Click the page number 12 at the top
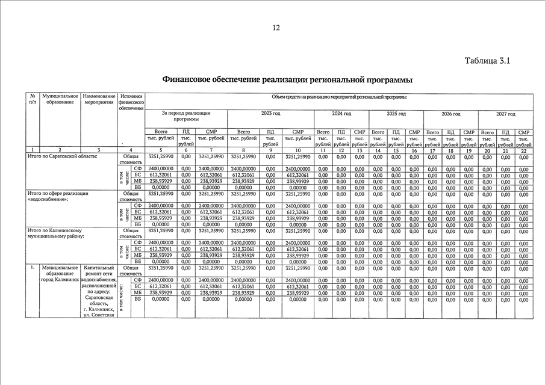(x=276, y=28)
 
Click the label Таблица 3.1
(x=487, y=61)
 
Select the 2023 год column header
(x=270, y=113)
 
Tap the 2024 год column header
(x=341, y=113)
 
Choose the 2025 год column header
(x=396, y=113)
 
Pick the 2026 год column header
(x=450, y=113)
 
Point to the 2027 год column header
(x=505, y=113)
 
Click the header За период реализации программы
(x=186, y=116)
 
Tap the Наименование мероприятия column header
(x=99, y=99)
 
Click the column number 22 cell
(x=523, y=149)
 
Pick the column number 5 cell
(x=161, y=149)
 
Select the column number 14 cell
(x=378, y=149)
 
